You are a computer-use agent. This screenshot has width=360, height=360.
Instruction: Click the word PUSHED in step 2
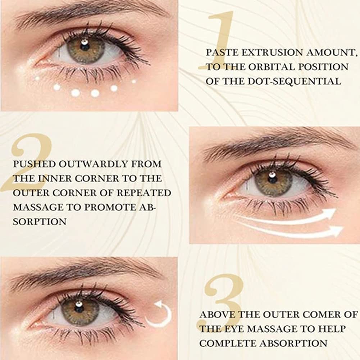pyautogui.click(x=34, y=164)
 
